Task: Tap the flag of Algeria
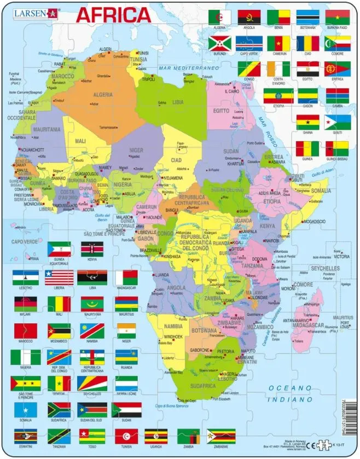[219, 17]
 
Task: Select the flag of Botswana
[307, 17]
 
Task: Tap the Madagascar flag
[126, 277]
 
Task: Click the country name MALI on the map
[80, 141]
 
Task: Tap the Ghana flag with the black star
[307, 121]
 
